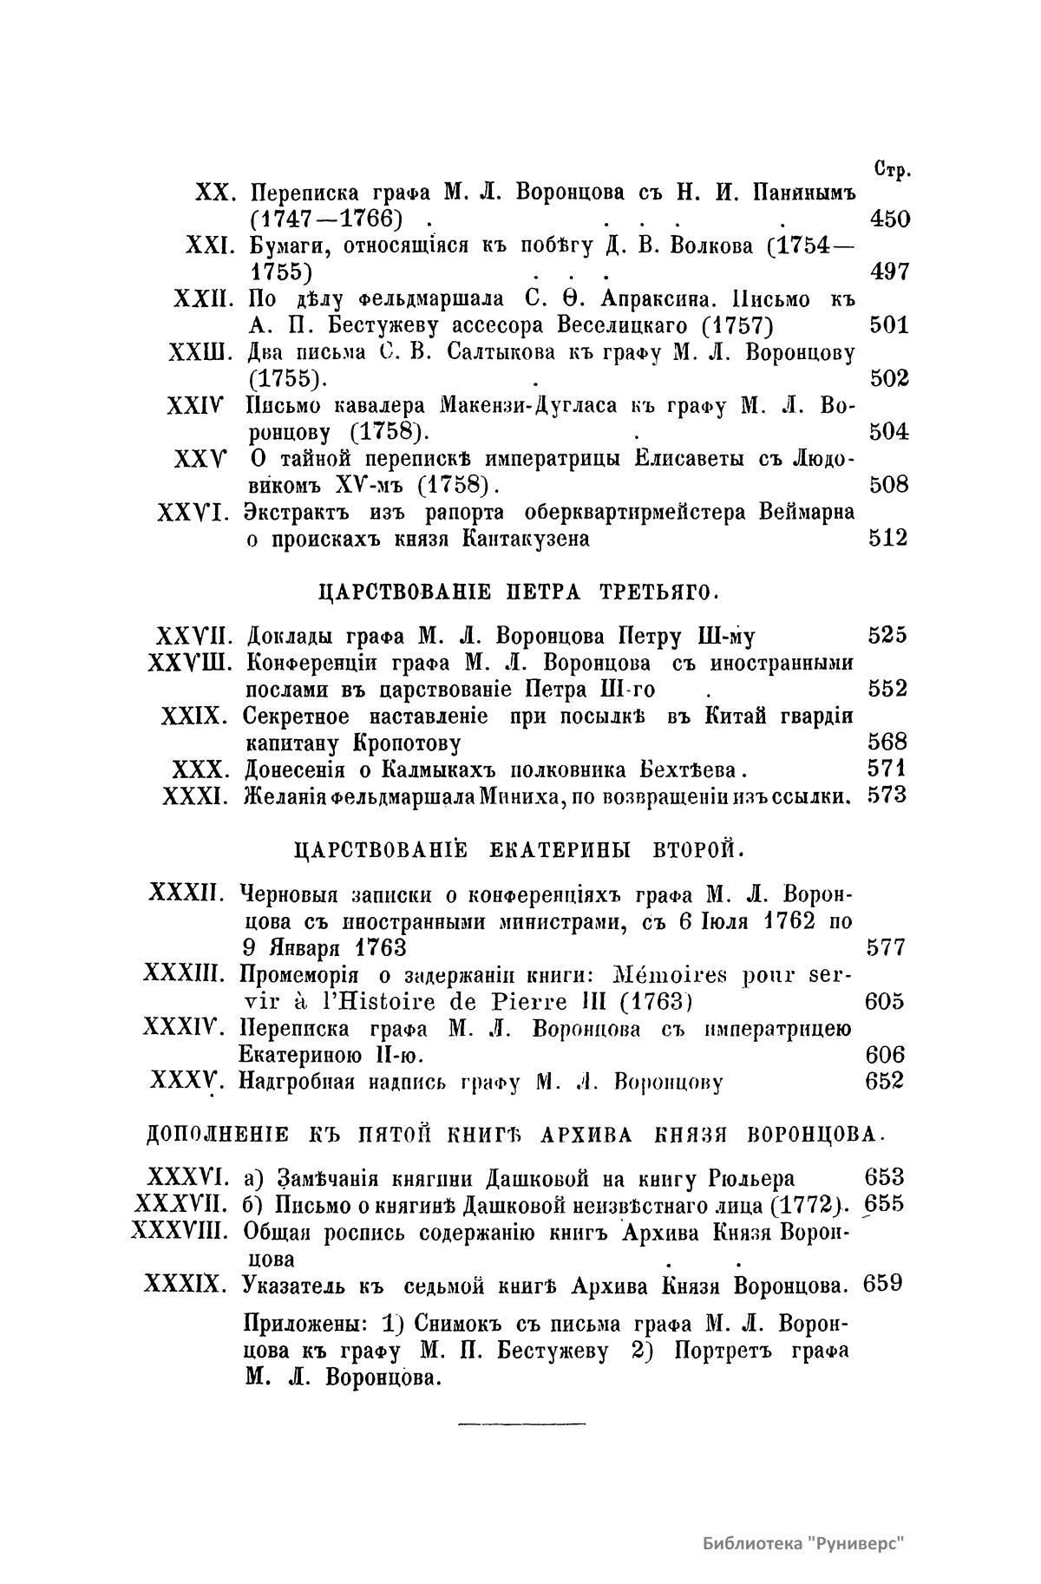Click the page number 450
pyautogui.click(x=888, y=219)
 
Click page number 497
pyautogui.click(x=888, y=272)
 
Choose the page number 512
pyautogui.click(x=888, y=539)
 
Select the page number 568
pyautogui.click(x=887, y=742)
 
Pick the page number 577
pyautogui.click(x=886, y=947)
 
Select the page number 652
pyautogui.click(x=885, y=1081)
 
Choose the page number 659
pyautogui.click(x=885, y=1283)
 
